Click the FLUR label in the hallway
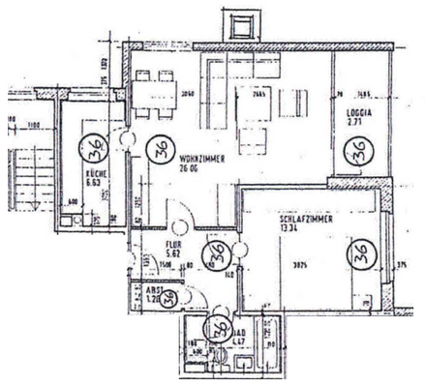(174, 246)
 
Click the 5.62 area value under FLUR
(174, 255)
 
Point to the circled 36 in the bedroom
(362, 253)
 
